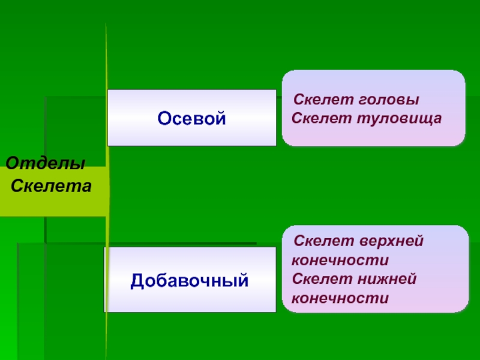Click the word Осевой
pos(191,118)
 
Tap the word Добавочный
pos(190,280)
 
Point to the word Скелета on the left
pos(52,186)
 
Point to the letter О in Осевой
pos(164,118)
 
